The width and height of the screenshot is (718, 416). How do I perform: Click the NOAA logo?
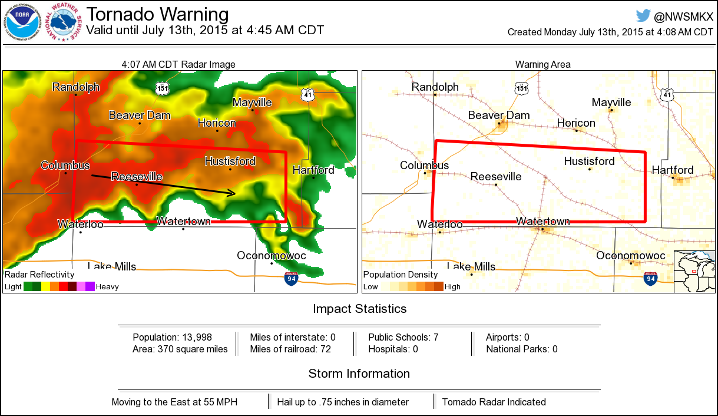pos(24,22)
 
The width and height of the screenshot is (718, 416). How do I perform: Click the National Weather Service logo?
pos(65,23)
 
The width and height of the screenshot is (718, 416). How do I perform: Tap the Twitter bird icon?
pos(643,16)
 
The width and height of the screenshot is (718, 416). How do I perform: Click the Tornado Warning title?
pos(157,14)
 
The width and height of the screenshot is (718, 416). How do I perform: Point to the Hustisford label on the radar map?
pos(230,161)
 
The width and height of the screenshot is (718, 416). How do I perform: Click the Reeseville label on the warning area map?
pos(495,176)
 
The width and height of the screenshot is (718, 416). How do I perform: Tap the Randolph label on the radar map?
pos(76,87)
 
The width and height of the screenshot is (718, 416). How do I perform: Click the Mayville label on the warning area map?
pos(611,103)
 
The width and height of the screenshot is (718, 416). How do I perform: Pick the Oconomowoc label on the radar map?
pos(271,255)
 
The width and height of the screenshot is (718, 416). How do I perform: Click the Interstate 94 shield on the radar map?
pos(291,279)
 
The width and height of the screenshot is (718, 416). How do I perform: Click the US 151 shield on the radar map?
pos(162,88)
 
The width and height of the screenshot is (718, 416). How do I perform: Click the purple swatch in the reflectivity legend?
pos(90,287)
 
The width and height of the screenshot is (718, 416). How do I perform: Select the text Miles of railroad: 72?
pos(290,349)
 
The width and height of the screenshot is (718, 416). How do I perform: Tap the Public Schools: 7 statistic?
pos(403,337)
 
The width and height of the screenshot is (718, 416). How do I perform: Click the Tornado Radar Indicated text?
pos(494,402)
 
